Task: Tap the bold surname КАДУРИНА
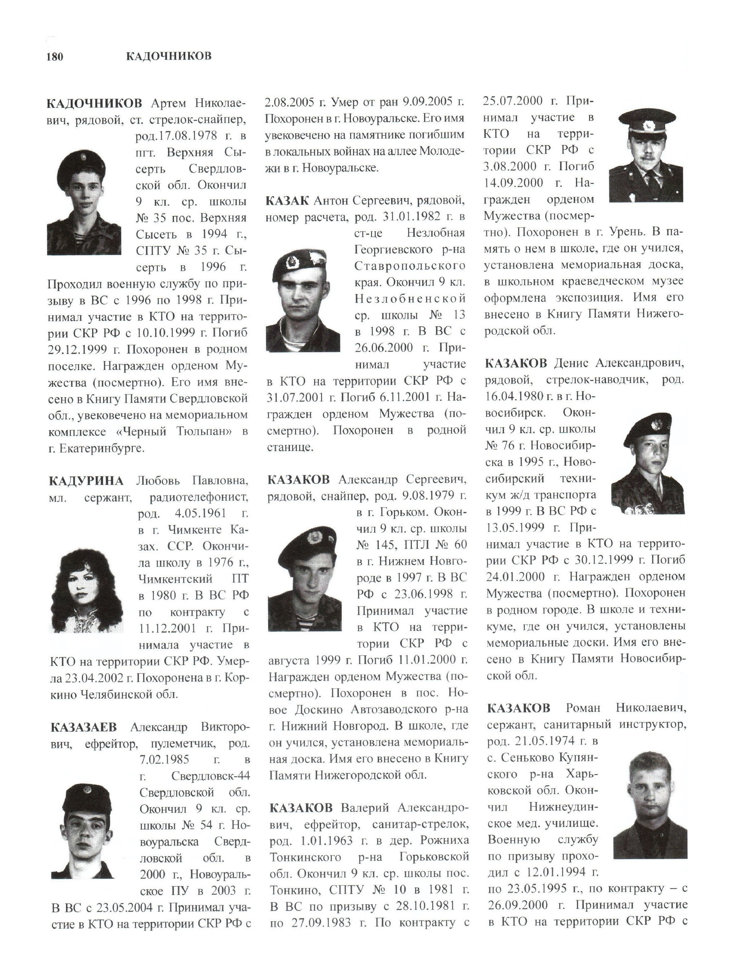tap(86, 481)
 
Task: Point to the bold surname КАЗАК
tap(287, 201)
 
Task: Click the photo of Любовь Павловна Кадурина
tap(86, 590)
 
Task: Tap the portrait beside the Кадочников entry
tap(84, 202)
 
